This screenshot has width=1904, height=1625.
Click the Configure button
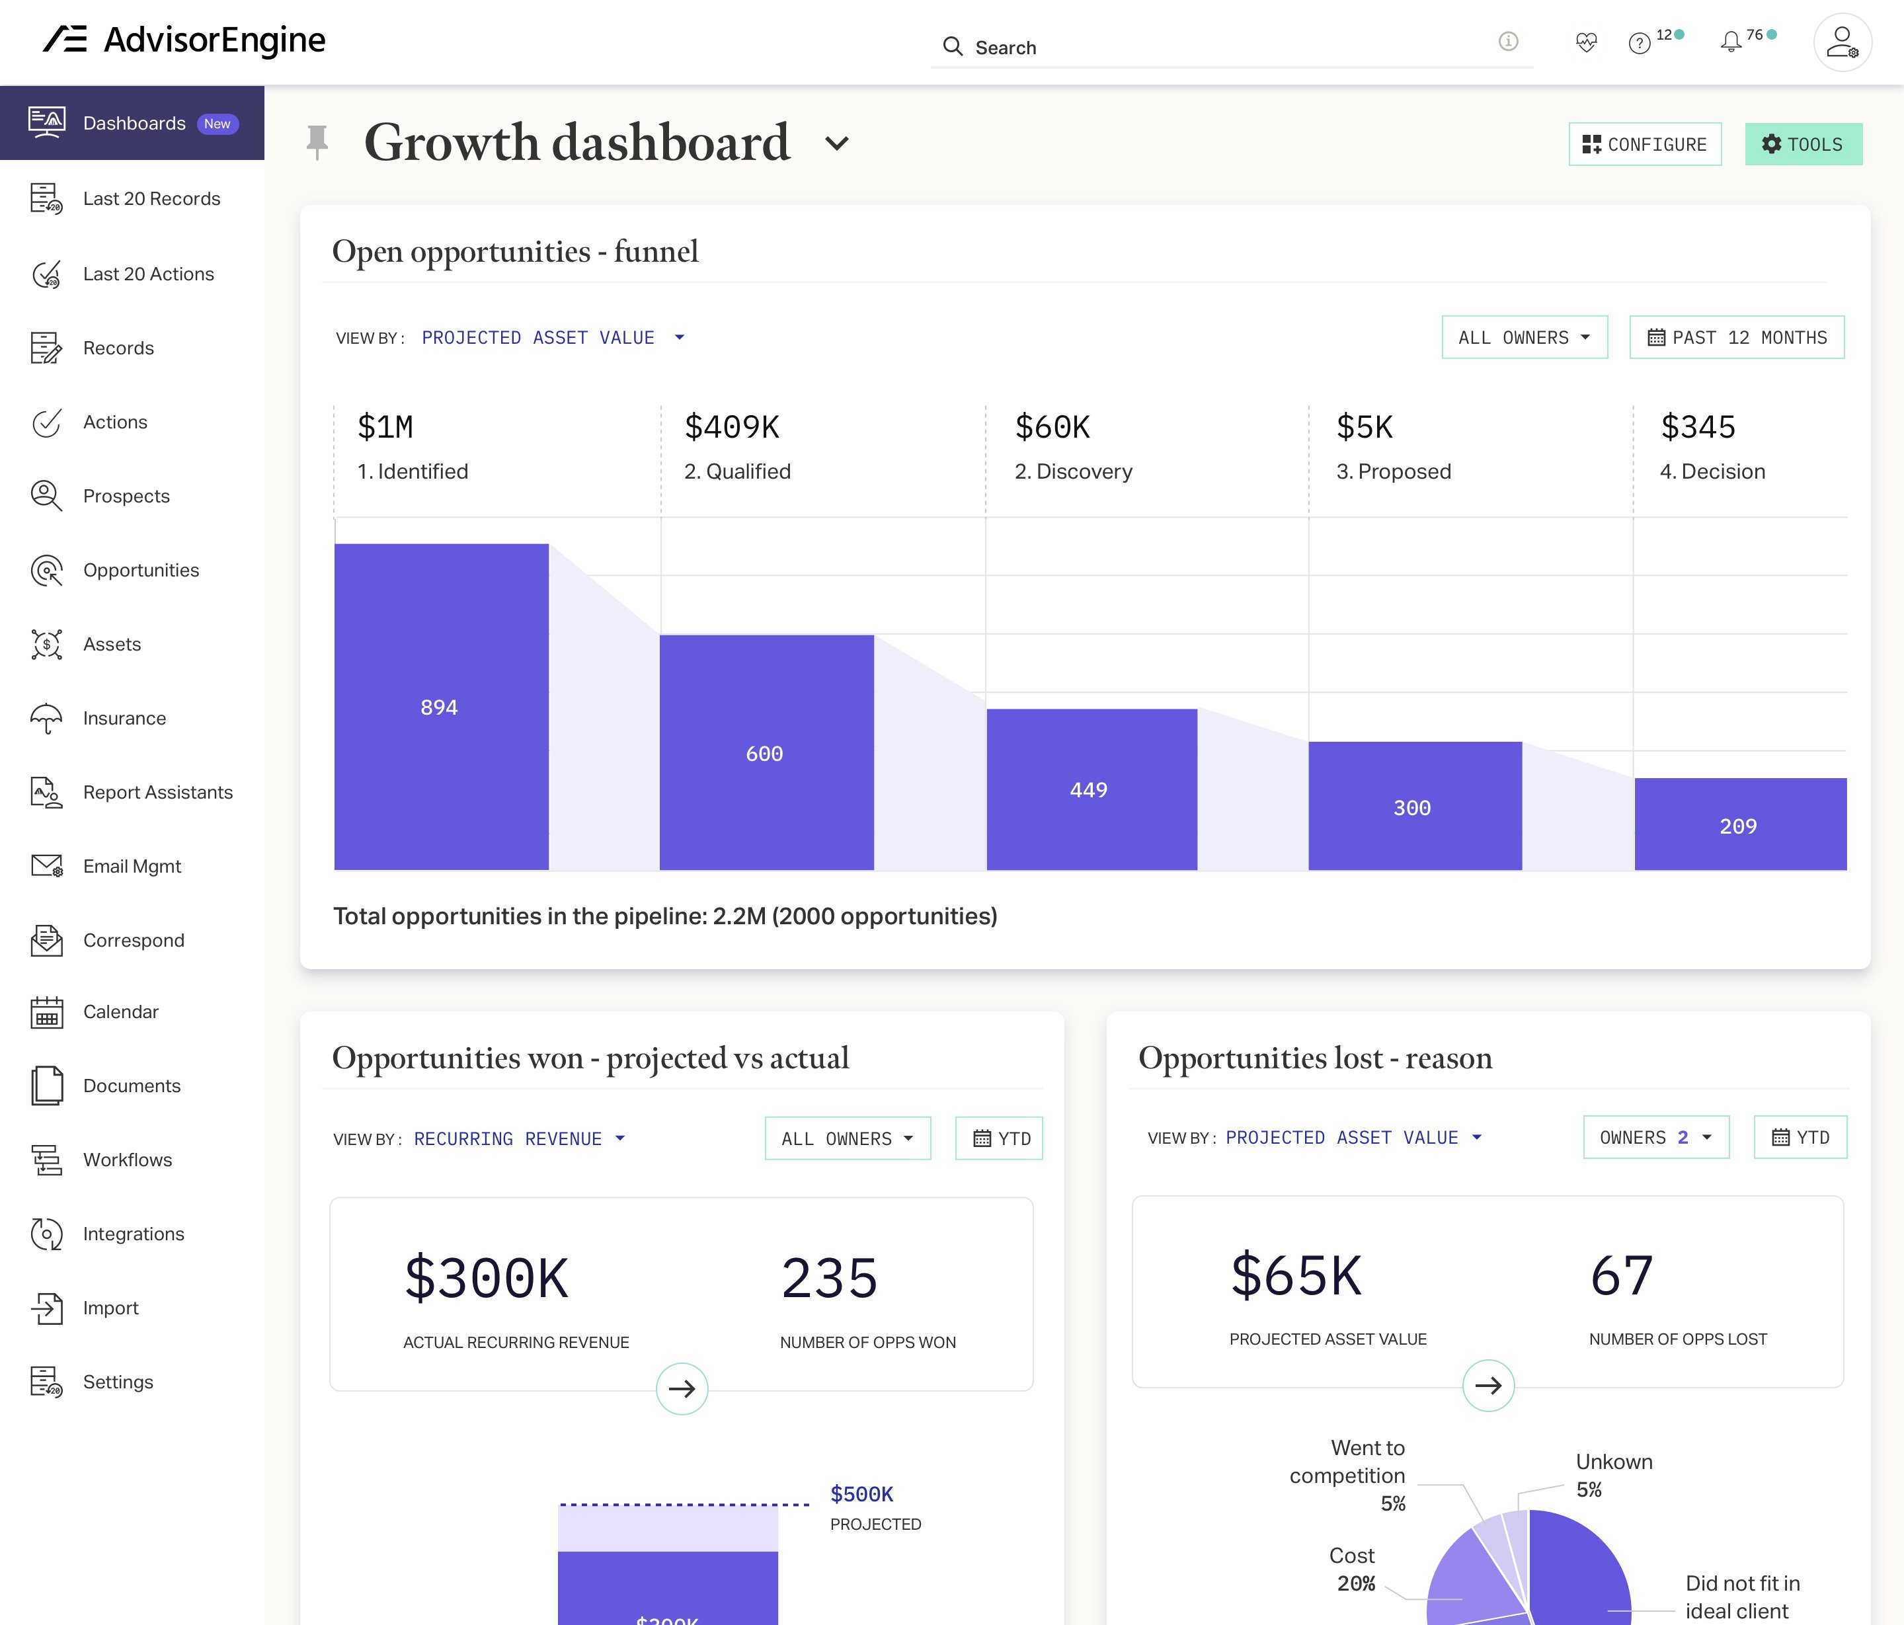tap(1644, 144)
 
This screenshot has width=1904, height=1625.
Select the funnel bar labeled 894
tap(441, 706)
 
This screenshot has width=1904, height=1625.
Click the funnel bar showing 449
tap(1091, 789)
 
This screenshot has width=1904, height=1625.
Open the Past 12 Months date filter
tap(1736, 337)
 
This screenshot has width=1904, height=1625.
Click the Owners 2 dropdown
tap(1655, 1137)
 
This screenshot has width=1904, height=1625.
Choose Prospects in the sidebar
tap(126, 496)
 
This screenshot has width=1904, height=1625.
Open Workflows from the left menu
tap(127, 1160)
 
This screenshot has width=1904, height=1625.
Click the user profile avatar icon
tap(1841, 42)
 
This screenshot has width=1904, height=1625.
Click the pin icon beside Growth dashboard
tap(317, 142)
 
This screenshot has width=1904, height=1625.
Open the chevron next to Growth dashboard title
tap(836, 143)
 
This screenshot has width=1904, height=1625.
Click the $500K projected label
tap(861, 1495)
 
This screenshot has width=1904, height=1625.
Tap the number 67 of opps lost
tap(1621, 1276)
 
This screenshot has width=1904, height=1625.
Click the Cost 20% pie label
tap(1352, 1569)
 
